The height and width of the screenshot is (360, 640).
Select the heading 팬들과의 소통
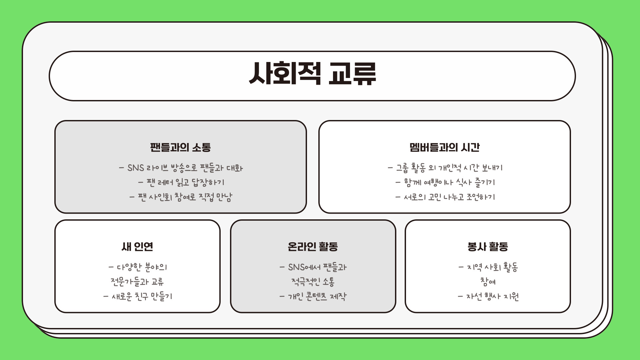(x=180, y=147)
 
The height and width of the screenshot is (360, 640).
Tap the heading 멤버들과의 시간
(x=444, y=147)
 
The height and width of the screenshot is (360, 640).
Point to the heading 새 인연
(x=137, y=247)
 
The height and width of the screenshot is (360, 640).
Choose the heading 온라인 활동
(x=313, y=247)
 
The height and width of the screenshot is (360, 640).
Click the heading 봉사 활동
(x=488, y=247)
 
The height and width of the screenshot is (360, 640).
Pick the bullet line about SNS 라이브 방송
(x=181, y=168)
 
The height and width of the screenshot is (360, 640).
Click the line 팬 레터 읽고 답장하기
(x=181, y=182)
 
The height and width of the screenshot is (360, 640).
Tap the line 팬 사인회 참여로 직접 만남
(x=181, y=197)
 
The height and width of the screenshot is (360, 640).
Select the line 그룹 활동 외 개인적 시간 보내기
(x=445, y=168)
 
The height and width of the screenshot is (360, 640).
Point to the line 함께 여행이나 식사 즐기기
(x=445, y=182)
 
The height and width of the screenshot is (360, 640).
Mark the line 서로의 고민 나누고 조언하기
(x=445, y=197)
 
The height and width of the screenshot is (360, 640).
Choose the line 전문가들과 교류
(x=137, y=282)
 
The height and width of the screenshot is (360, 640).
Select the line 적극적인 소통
(x=313, y=282)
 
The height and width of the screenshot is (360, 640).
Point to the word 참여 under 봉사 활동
(x=488, y=282)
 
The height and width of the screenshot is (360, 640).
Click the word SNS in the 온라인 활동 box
(x=296, y=267)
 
